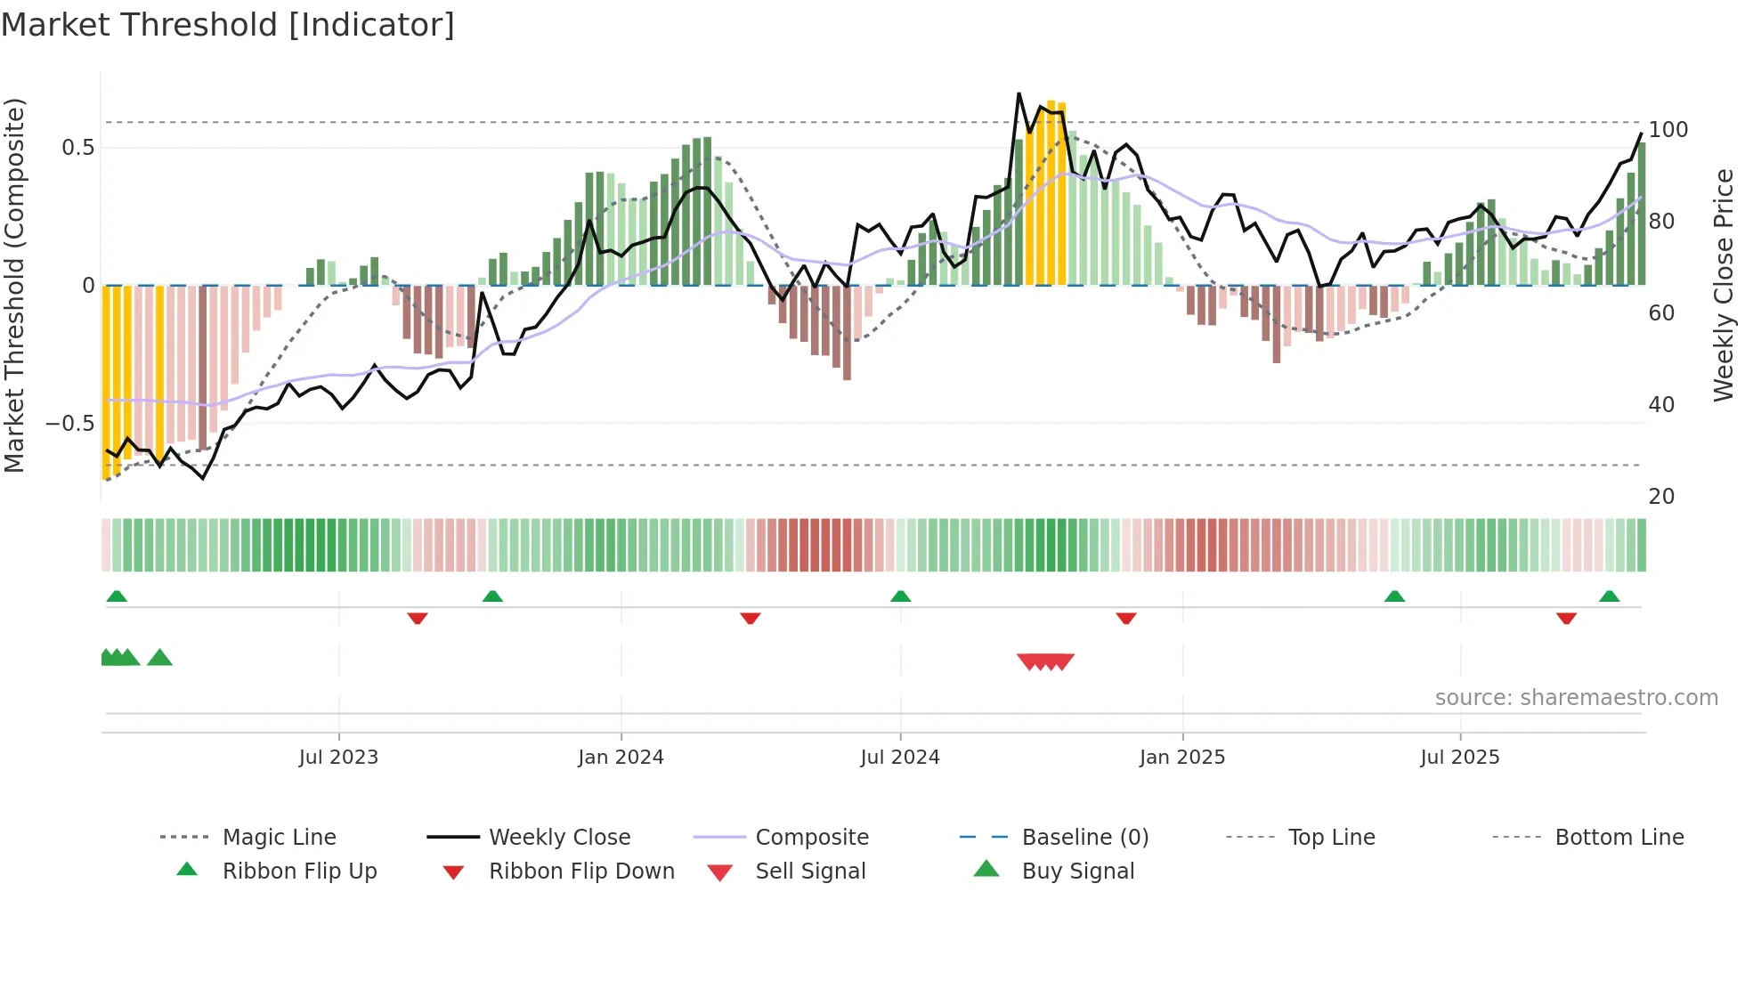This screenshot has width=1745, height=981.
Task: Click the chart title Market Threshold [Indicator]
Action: tap(228, 25)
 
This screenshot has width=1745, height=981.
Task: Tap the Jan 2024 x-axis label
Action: tap(621, 757)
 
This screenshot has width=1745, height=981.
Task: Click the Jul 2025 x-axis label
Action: tap(1459, 757)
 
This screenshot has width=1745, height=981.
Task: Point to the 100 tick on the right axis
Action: tap(1668, 130)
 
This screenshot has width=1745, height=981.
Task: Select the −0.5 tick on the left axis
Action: tap(69, 423)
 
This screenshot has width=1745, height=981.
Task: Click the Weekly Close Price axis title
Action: tap(1724, 285)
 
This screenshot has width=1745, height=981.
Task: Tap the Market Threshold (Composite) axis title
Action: tap(14, 285)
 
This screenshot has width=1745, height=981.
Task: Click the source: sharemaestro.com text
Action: tap(1576, 697)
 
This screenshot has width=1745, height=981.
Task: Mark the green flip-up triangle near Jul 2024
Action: tap(900, 596)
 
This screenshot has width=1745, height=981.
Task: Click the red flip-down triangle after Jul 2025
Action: tap(1566, 618)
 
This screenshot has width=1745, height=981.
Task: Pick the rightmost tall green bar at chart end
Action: tap(1641, 214)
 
